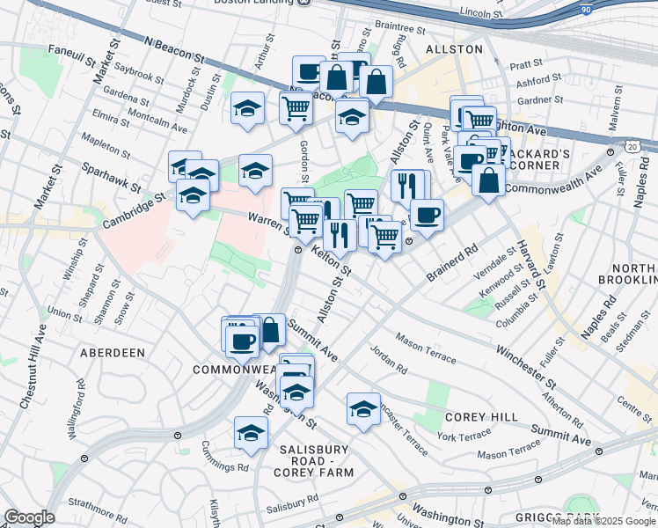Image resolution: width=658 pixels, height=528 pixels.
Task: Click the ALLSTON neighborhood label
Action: pos(454,49)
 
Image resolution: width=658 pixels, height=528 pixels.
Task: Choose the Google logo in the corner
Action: pos(28,517)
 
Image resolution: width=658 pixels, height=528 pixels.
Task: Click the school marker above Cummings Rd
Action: pos(251,432)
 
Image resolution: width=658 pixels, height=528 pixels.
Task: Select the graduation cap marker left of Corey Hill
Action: pos(363,408)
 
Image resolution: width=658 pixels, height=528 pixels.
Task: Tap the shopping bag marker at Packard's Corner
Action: pos(488,180)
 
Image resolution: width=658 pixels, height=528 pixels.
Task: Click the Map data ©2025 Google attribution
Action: pos(603,520)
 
